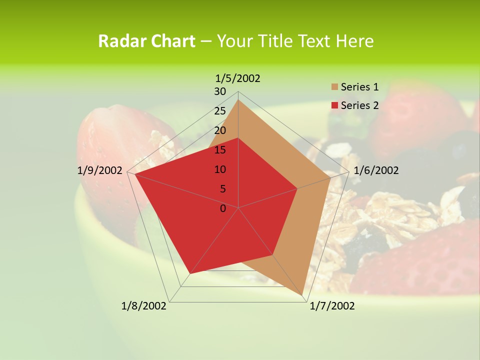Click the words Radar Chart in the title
146,41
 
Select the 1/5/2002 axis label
237,78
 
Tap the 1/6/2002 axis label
376,170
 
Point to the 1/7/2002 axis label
332,306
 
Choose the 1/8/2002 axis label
144,306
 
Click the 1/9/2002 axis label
100,170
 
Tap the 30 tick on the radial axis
220,91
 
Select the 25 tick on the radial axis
220,111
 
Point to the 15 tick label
220,150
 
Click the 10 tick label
220,169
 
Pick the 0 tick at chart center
223,208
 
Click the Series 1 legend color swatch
334,87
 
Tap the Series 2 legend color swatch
334,105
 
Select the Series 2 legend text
359,105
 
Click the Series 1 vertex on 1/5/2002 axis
238,100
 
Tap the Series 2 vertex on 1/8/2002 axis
190,274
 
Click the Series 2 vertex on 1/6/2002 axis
297,188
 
